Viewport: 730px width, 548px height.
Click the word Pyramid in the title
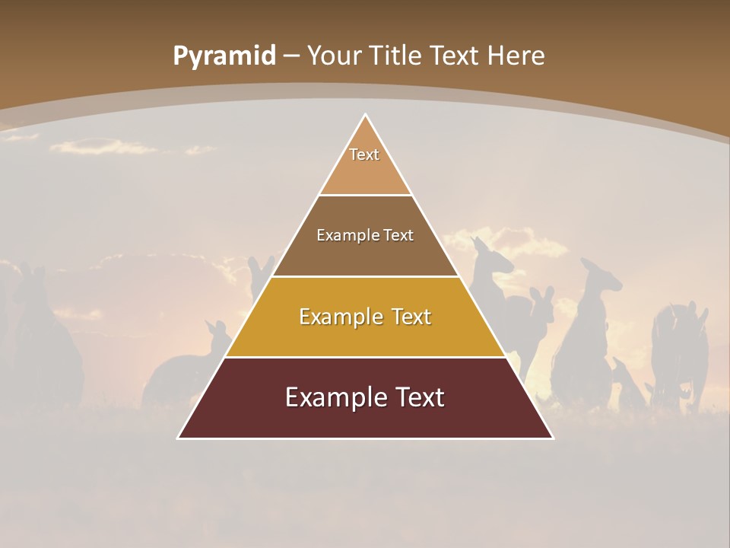[x=224, y=56]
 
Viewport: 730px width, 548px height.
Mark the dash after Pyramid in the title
[x=290, y=56]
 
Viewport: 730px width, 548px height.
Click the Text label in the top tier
[x=364, y=155]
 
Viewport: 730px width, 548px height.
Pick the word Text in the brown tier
[x=398, y=235]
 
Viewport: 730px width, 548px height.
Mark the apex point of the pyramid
[x=365, y=115]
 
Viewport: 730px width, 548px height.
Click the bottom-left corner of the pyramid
[x=179, y=438]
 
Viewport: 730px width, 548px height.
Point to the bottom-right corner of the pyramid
[x=552, y=438]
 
